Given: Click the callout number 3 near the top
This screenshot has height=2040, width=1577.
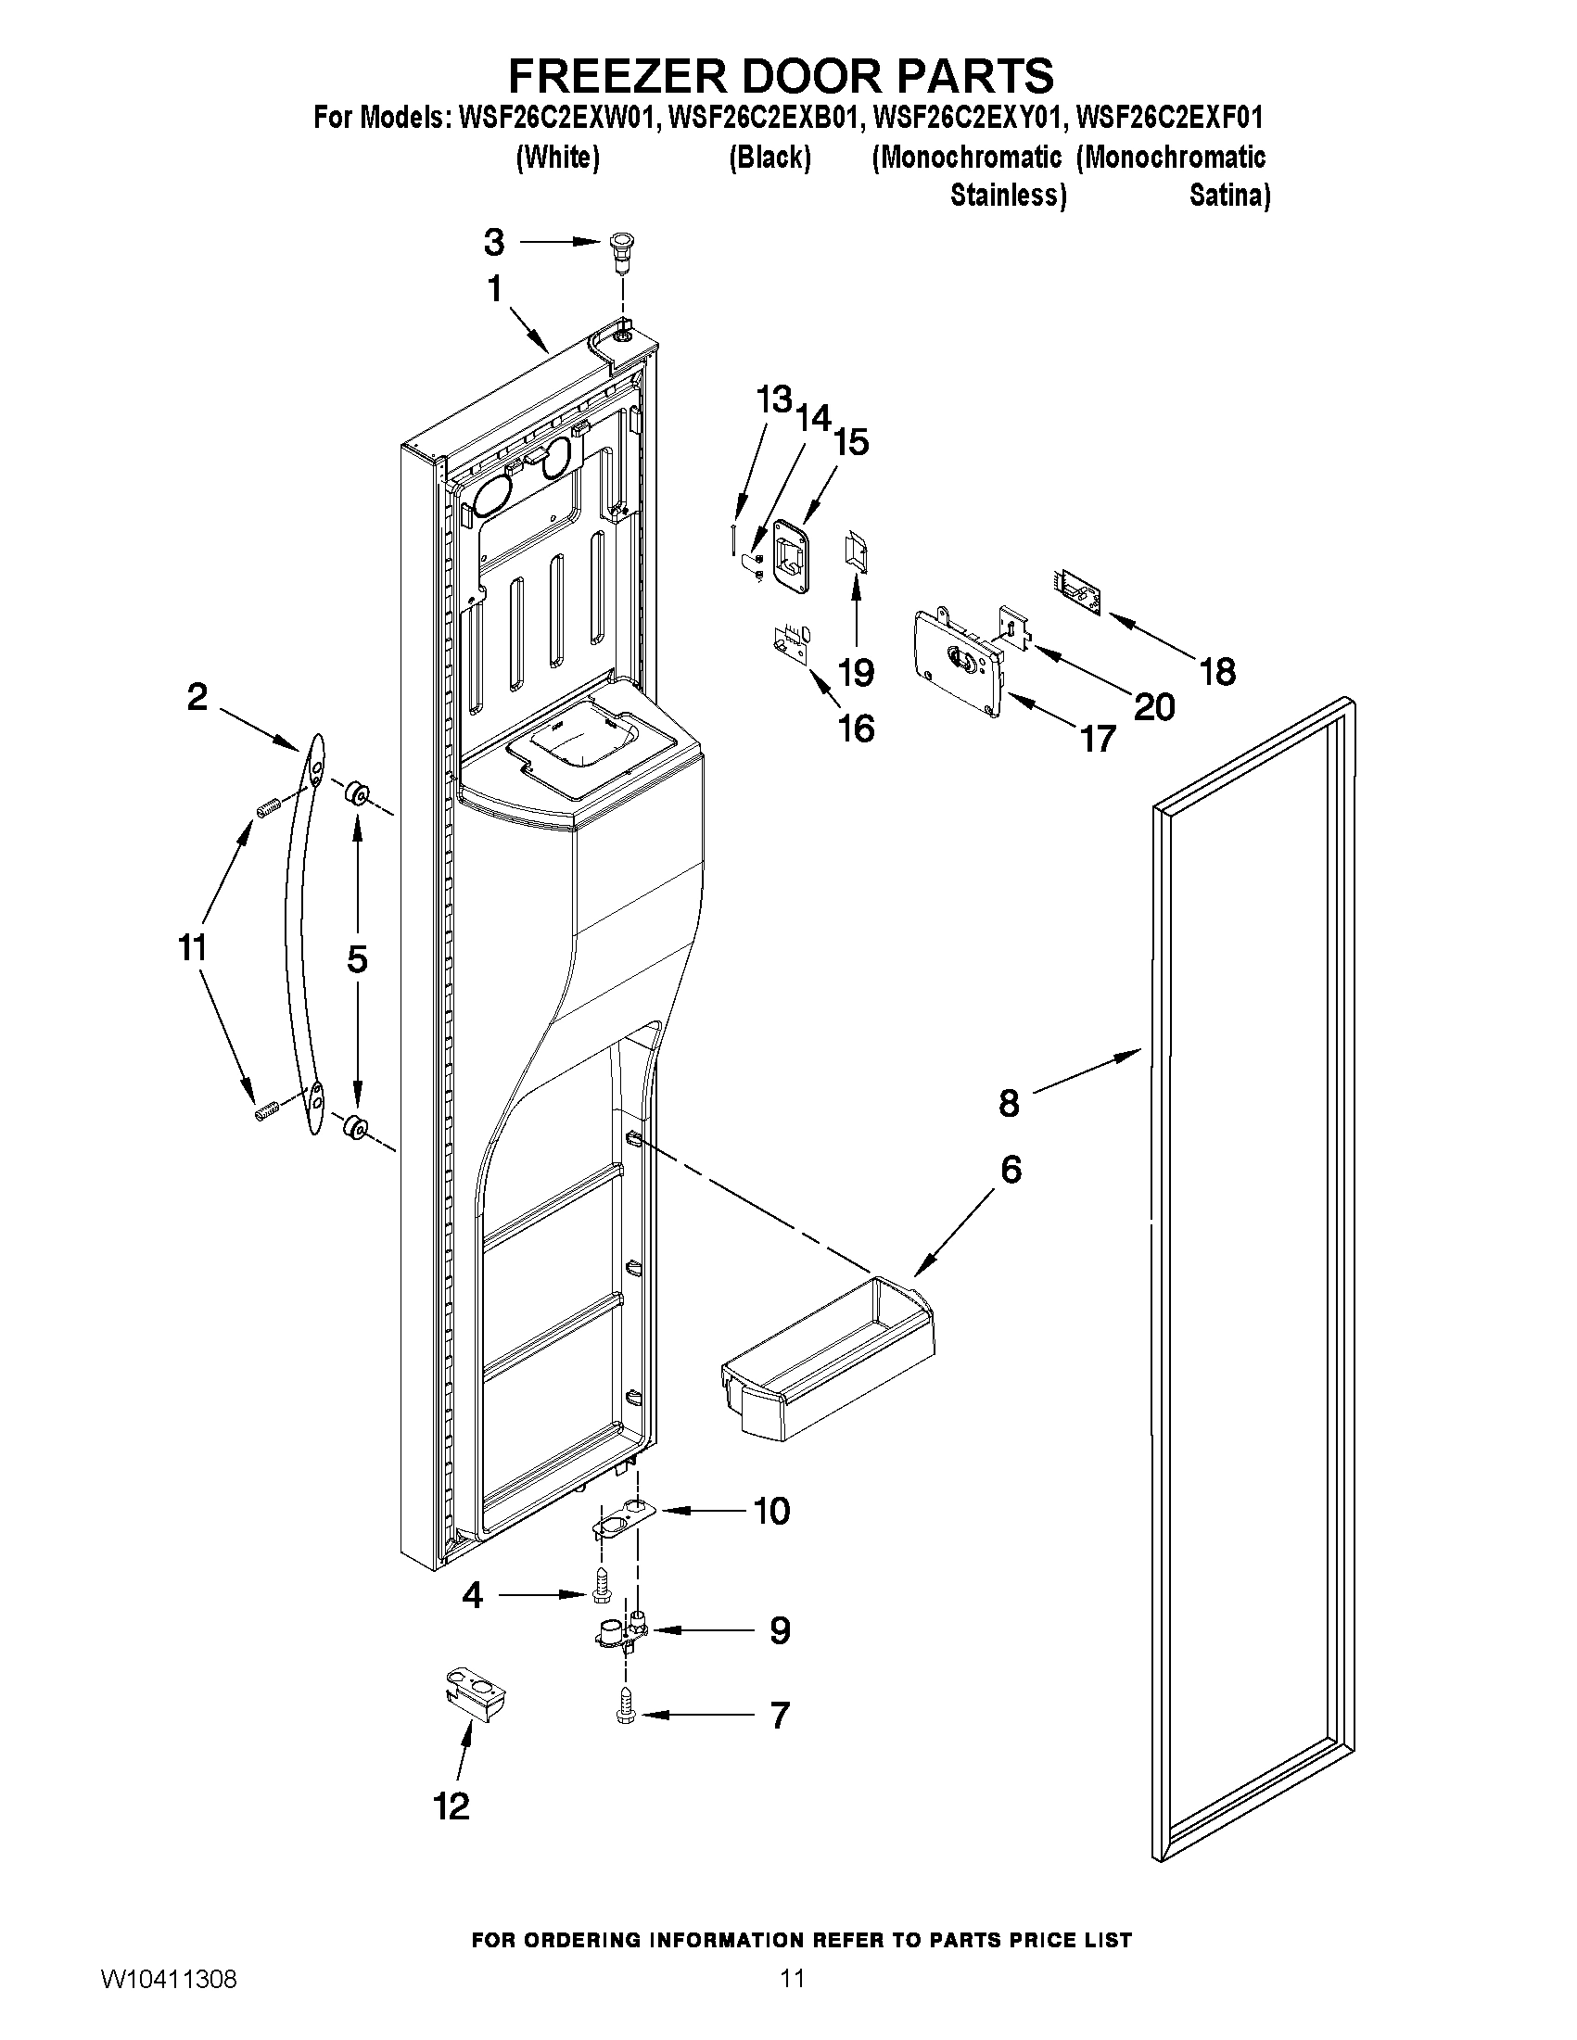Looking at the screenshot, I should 494,243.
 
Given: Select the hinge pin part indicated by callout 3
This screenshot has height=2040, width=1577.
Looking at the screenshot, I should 618,247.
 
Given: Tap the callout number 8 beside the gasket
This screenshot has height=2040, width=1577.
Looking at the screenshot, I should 1009,1103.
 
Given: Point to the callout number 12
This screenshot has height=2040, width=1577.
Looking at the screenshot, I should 451,1806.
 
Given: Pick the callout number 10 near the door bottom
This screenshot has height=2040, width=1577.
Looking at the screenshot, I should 771,1511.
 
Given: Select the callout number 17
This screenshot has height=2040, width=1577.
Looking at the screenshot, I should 1099,739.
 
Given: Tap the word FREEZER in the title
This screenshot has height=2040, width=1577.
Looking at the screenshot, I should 623,75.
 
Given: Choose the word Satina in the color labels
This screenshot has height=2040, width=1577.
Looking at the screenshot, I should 1228,196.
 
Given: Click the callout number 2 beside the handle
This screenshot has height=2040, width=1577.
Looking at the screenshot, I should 197,697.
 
